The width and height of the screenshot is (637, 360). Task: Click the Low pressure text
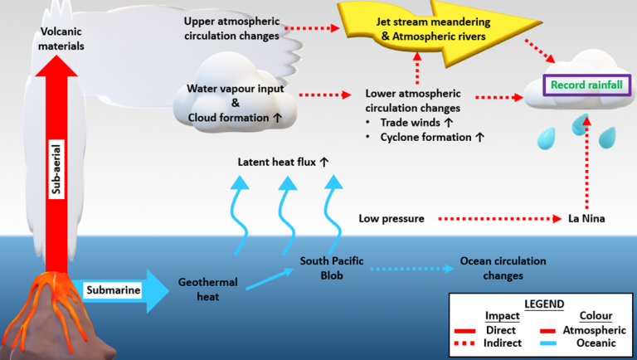coord(391,220)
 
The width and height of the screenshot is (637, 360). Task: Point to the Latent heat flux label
coord(284,162)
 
